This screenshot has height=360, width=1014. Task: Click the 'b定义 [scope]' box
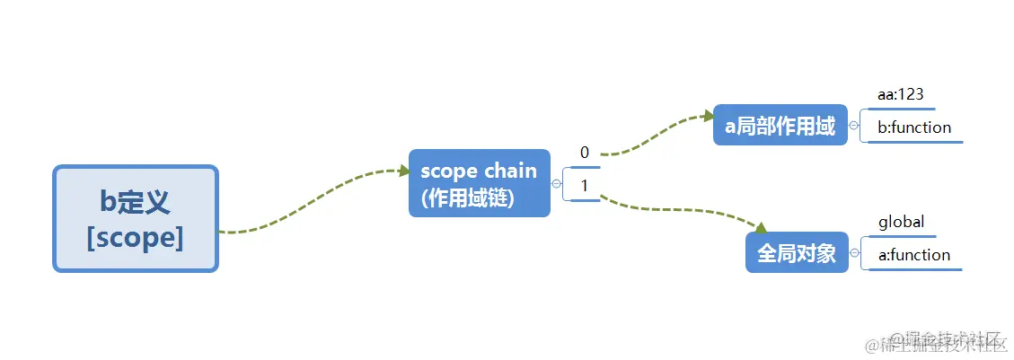tap(136, 218)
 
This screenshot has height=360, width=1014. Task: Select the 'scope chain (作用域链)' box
tap(479, 183)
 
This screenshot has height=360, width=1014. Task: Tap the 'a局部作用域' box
tap(780, 126)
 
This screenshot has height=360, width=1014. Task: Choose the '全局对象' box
tap(797, 253)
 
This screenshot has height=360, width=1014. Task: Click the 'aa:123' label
tap(901, 93)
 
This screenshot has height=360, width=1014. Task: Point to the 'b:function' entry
tap(914, 127)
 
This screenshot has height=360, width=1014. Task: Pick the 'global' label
tap(901, 222)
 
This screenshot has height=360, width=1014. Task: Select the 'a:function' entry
tap(913, 255)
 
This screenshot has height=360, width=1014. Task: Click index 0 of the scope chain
tap(585, 153)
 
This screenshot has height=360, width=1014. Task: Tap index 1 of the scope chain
tap(585, 186)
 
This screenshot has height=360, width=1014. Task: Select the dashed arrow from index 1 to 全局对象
tap(683, 212)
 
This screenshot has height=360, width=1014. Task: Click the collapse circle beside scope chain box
tap(557, 184)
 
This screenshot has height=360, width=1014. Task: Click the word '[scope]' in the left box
tap(136, 240)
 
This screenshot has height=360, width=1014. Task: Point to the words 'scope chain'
tap(478, 171)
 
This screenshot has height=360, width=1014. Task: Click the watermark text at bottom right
tap(934, 342)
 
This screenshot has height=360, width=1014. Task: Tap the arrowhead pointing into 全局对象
tap(760, 228)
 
